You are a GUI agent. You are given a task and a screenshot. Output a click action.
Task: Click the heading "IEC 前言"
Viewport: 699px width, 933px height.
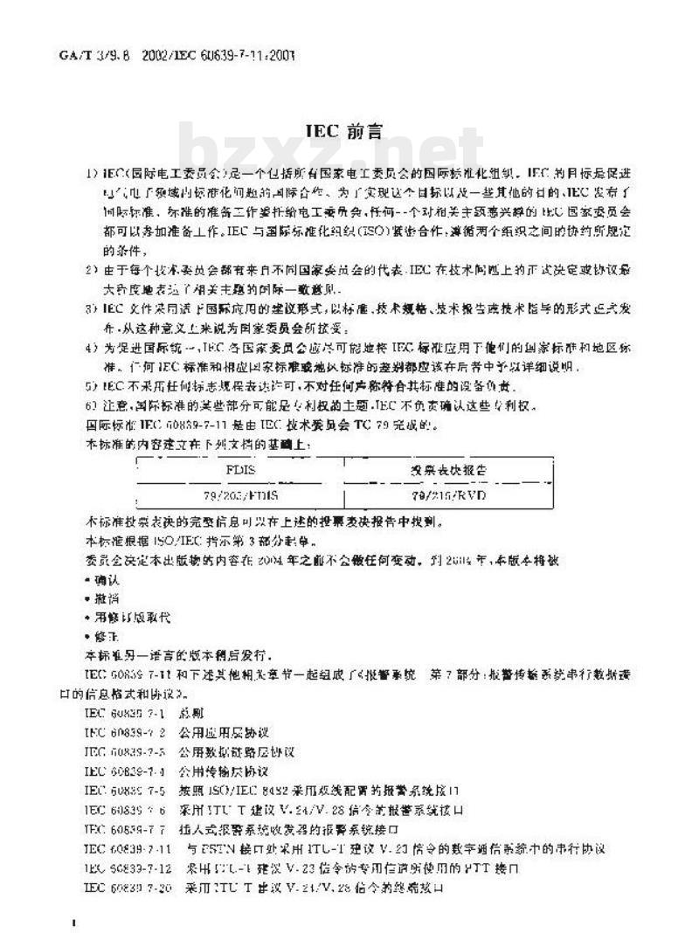(344, 130)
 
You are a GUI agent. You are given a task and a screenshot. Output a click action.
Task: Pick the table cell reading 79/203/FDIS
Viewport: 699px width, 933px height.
(240, 495)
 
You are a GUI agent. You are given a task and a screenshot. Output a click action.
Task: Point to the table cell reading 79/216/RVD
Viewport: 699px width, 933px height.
(449, 495)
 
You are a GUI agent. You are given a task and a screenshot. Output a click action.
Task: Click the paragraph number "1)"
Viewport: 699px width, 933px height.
(91, 174)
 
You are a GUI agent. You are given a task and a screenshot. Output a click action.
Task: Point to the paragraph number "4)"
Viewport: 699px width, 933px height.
(91, 349)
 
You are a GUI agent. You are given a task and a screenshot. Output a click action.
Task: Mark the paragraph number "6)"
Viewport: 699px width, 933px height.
(91, 405)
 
